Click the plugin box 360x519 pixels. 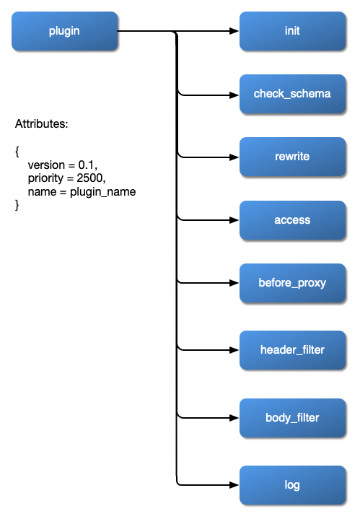tap(64, 31)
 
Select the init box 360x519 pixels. tap(292, 31)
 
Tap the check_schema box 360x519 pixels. tap(292, 94)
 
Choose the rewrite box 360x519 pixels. tap(292, 157)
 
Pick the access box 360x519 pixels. tap(292, 220)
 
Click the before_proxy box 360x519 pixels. tap(292, 283)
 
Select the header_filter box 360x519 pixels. tap(292, 350)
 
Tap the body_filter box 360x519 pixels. tap(292, 417)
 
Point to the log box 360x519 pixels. tap(292, 485)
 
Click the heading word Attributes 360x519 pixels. tap(42, 124)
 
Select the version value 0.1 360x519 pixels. tap(87, 165)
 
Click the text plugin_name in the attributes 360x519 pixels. tap(102, 192)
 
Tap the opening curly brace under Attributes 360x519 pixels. tap(17, 152)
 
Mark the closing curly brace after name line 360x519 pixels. tap(17, 206)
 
